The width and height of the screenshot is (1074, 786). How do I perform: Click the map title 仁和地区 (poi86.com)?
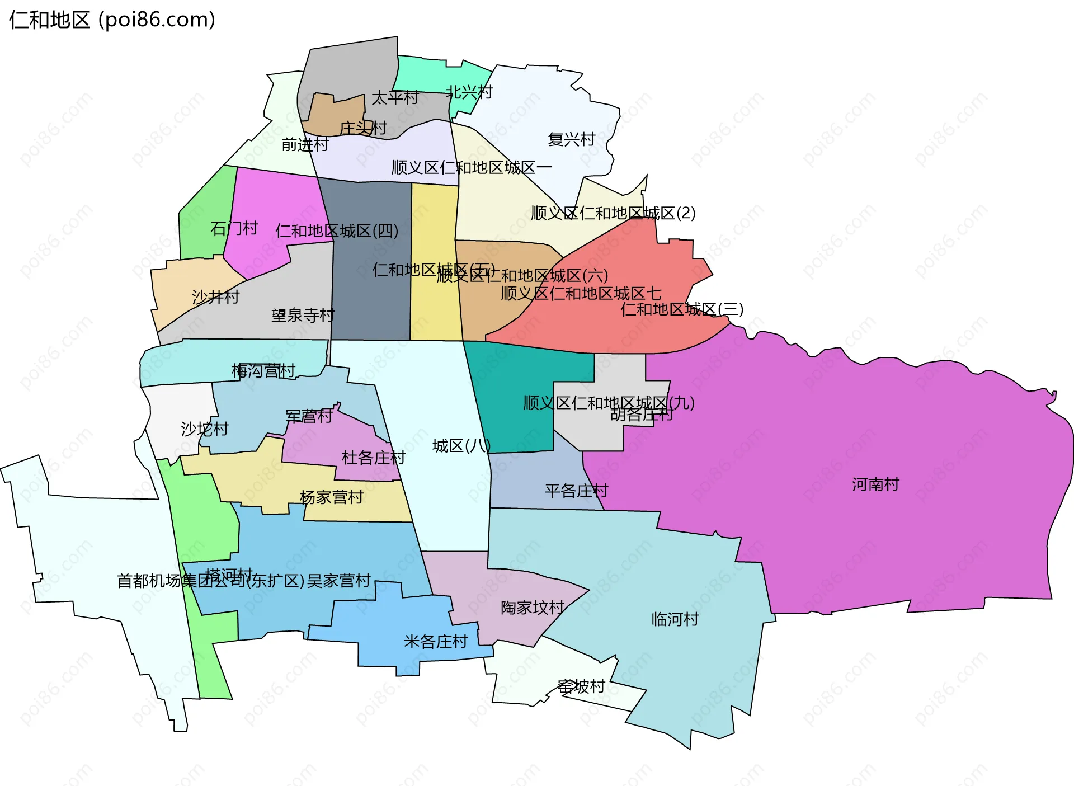point(112,20)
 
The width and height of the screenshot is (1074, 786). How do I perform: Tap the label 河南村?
point(875,484)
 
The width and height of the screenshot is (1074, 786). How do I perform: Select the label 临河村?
point(675,619)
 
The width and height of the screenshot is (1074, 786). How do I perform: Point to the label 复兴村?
point(571,139)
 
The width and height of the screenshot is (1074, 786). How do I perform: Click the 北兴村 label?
point(469,92)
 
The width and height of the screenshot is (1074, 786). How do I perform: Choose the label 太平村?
point(395,98)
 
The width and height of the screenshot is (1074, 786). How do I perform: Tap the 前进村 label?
point(305,145)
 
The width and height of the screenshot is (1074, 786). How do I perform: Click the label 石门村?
point(234,228)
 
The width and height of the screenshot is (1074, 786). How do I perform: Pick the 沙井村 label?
point(215,297)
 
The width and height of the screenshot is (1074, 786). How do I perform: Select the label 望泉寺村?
point(303,316)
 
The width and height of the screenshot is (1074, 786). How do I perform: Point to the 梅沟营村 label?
point(263,371)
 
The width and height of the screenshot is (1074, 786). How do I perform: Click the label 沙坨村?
point(205,429)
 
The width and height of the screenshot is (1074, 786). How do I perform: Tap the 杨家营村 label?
point(332,497)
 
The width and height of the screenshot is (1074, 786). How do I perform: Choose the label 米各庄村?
point(436,641)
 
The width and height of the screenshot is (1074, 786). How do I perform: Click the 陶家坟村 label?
point(533,608)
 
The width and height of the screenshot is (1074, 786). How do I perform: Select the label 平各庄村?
point(577,491)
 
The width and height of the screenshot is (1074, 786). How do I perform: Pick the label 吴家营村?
point(339,581)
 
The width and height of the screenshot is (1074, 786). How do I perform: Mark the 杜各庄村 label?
point(373,458)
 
